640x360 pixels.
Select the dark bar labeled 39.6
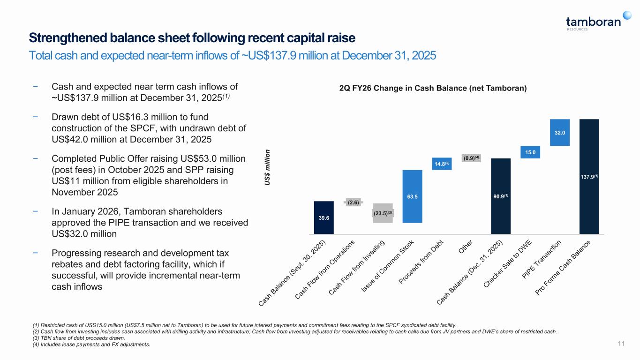pyautogui.click(x=324, y=217)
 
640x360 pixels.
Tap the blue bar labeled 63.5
pyautogui.click(x=412, y=196)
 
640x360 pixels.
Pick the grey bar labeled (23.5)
pyautogui.click(x=383, y=213)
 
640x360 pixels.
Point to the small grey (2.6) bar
pyautogui.click(x=354, y=202)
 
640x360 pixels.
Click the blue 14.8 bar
pyautogui.click(x=441, y=164)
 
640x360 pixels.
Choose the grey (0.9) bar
pyautogui.click(x=471, y=158)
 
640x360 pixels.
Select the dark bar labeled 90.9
pyautogui.click(x=500, y=195)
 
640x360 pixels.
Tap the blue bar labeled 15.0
pyautogui.click(x=530, y=152)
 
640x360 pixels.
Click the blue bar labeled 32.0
pyautogui.click(x=559, y=133)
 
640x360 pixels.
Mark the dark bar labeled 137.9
pyautogui.click(x=589, y=176)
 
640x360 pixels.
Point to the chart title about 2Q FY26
pyautogui.click(x=433, y=88)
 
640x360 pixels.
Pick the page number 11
pyautogui.click(x=621, y=345)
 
